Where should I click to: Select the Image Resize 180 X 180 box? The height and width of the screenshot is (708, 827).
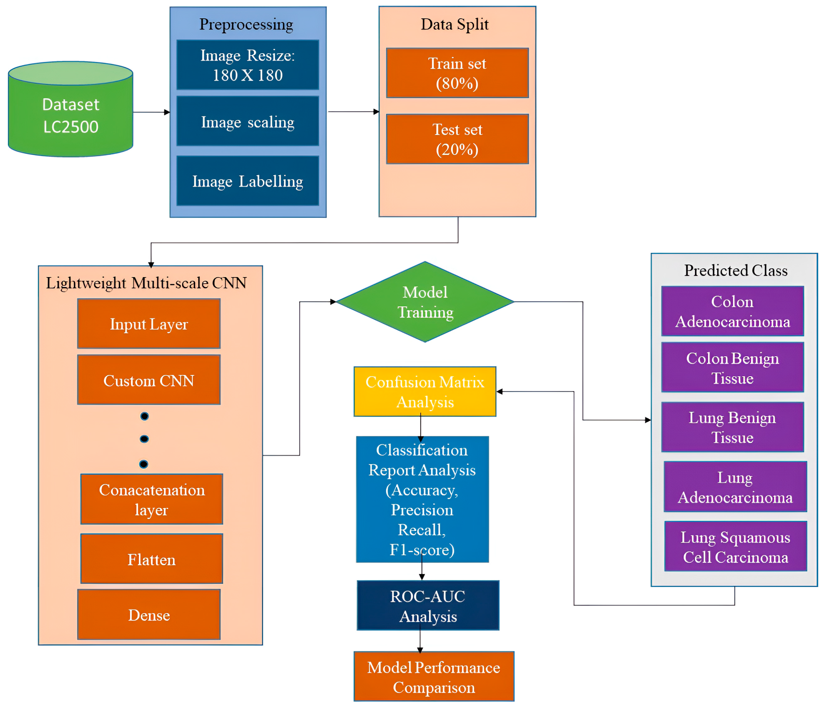(247, 65)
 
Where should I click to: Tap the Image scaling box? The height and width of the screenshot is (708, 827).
(247, 121)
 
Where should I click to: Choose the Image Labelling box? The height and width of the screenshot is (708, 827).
(247, 181)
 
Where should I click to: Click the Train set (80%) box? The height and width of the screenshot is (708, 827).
(457, 73)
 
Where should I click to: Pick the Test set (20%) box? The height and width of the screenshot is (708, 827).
(457, 139)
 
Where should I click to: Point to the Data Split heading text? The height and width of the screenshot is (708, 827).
(455, 24)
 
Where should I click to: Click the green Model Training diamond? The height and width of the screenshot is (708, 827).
(425, 302)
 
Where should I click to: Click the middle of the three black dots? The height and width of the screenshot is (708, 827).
(144, 439)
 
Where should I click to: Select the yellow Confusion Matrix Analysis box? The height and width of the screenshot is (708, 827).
(425, 392)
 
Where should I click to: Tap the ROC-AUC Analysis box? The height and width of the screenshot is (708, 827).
(428, 606)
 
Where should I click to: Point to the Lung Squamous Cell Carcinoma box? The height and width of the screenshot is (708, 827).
(735, 546)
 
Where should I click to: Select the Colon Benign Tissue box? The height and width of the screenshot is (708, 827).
(732, 367)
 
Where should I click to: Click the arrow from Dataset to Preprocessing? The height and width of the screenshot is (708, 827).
(151, 112)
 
